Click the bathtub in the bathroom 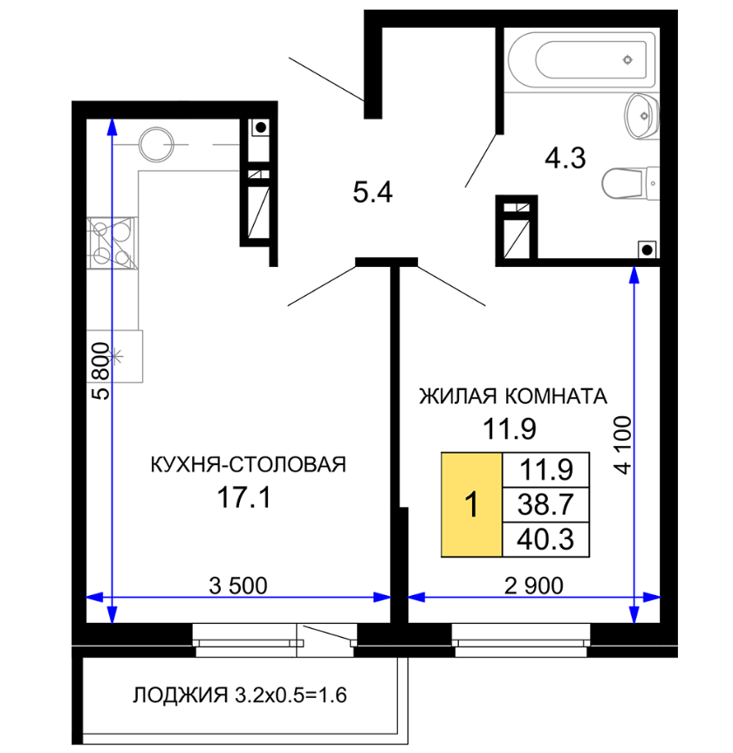tap(582, 59)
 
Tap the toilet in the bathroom tap(630, 183)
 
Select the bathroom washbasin tap(641, 116)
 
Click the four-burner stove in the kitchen tap(113, 243)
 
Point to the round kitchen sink tap(156, 144)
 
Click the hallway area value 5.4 tap(373, 192)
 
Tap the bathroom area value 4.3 tap(565, 158)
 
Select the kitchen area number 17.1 tap(244, 497)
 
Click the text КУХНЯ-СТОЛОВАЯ tap(249, 464)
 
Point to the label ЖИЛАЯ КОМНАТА tap(513, 397)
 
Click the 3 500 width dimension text tap(238, 585)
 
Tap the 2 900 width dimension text tap(534, 585)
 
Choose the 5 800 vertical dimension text tap(101, 371)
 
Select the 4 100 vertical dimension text tap(622, 445)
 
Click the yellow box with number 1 tap(472, 504)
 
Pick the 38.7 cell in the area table tap(545, 504)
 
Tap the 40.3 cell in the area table tap(545, 539)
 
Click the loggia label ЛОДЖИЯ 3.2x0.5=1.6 tap(240, 695)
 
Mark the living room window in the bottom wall tap(521, 640)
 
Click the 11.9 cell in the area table tap(545, 469)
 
